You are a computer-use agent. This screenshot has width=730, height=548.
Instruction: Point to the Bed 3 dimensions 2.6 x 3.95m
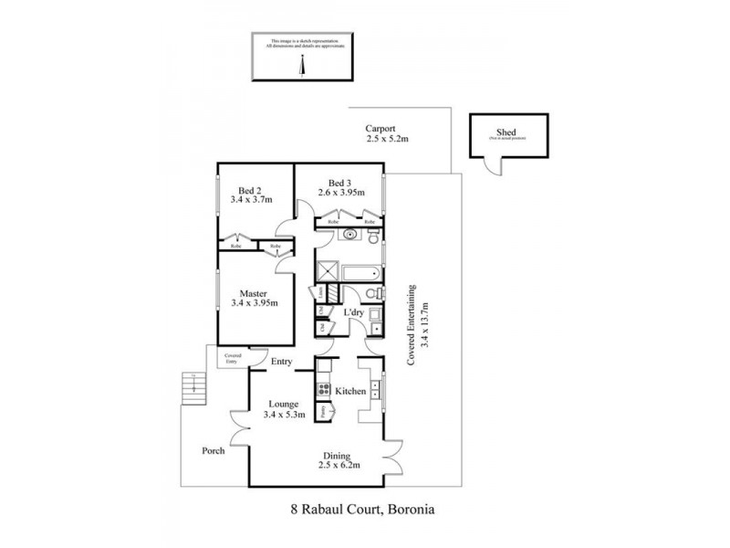tap(341, 193)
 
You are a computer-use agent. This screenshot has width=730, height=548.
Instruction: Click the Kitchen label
tap(350, 391)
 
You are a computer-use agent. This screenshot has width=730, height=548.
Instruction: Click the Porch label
tap(214, 451)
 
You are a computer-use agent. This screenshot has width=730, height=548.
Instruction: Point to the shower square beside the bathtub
tap(326, 271)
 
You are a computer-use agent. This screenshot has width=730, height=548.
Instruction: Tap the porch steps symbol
tap(192, 390)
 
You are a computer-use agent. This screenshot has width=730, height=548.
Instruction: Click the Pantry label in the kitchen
tap(324, 411)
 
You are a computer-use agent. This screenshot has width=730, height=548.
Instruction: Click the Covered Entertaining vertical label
tap(412, 322)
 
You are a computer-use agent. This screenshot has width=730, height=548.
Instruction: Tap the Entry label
tap(280, 363)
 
